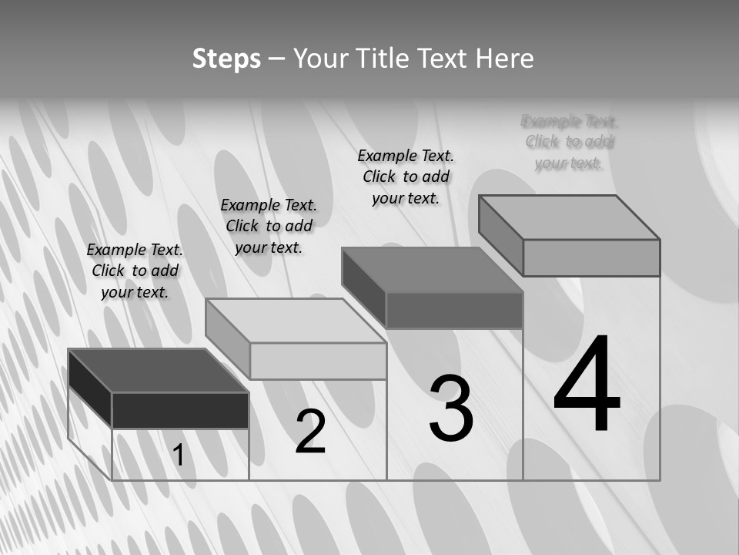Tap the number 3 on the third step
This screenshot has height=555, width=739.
coord(451,409)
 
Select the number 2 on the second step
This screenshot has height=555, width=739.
coord(311,431)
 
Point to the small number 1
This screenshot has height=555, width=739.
coord(179,456)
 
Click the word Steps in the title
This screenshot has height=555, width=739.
coord(226,59)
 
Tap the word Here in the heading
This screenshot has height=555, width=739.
coord(505,59)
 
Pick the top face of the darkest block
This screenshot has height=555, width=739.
coord(158,371)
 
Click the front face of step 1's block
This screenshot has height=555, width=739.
coord(180,410)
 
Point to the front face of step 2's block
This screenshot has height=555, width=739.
coord(318,361)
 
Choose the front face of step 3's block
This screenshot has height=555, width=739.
coord(454,311)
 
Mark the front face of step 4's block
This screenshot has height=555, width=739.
coord(591,257)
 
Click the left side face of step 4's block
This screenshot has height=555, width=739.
coord(500,234)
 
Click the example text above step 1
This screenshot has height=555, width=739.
coord(135,271)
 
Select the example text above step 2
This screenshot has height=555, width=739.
coord(269,226)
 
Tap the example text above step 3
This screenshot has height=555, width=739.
coord(406,177)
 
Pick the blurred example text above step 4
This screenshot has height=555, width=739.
coord(570,142)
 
